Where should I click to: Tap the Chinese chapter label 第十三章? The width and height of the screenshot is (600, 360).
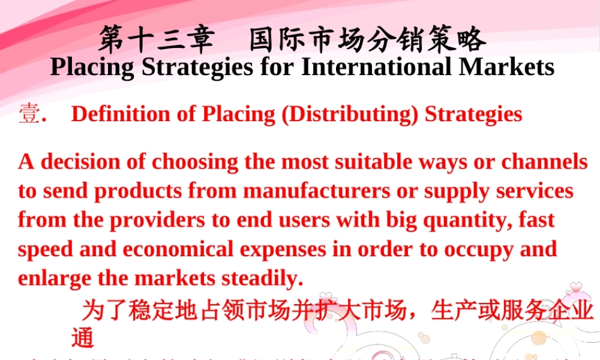[x=157, y=40]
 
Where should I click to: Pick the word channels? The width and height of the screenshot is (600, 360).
[x=544, y=162]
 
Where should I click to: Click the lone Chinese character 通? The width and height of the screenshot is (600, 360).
[x=83, y=338]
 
